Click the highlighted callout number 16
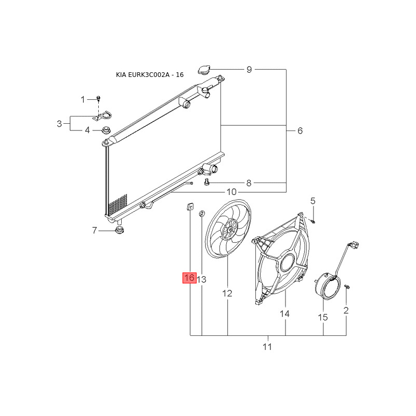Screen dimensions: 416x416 click(x=189, y=278)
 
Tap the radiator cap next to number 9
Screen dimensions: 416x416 click(x=204, y=70)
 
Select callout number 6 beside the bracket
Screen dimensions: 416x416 click(x=300, y=131)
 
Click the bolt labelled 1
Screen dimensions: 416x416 click(x=98, y=99)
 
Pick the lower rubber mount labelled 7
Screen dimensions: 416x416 click(x=120, y=230)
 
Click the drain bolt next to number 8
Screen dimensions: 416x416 click(x=206, y=183)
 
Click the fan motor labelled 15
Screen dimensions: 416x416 click(x=327, y=286)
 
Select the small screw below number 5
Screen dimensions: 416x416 click(x=313, y=220)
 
